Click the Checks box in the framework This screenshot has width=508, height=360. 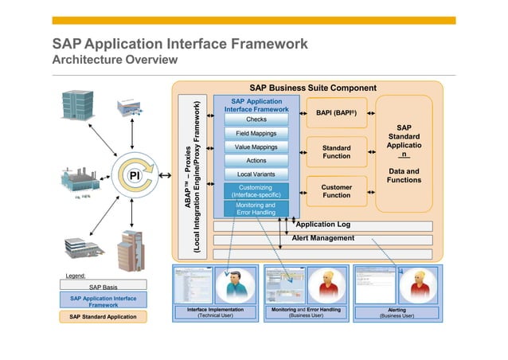tap(256, 119)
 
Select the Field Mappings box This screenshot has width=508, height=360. tap(256, 133)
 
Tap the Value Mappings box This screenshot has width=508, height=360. tap(256, 147)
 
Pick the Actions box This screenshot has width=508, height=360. tap(256, 161)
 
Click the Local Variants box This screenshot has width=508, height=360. tap(256, 174)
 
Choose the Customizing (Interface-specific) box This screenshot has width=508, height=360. tap(256, 190)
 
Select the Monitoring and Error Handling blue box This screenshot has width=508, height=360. tap(256, 209)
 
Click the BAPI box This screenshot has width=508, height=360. tap(336, 114)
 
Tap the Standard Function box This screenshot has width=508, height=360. tap(336, 151)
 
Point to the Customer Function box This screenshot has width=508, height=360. tap(336, 191)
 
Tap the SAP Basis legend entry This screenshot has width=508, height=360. tap(103, 286)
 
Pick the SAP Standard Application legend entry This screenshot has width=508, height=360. tap(103, 317)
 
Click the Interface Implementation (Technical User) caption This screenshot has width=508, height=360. tap(215, 312)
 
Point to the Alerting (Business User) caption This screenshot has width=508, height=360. tap(397, 312)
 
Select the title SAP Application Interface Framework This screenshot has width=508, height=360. tap(180, 44)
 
